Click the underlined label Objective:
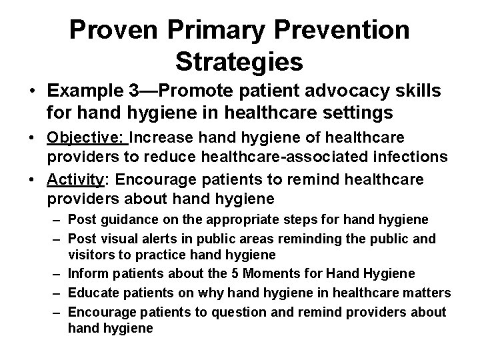87,138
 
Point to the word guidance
121,219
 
